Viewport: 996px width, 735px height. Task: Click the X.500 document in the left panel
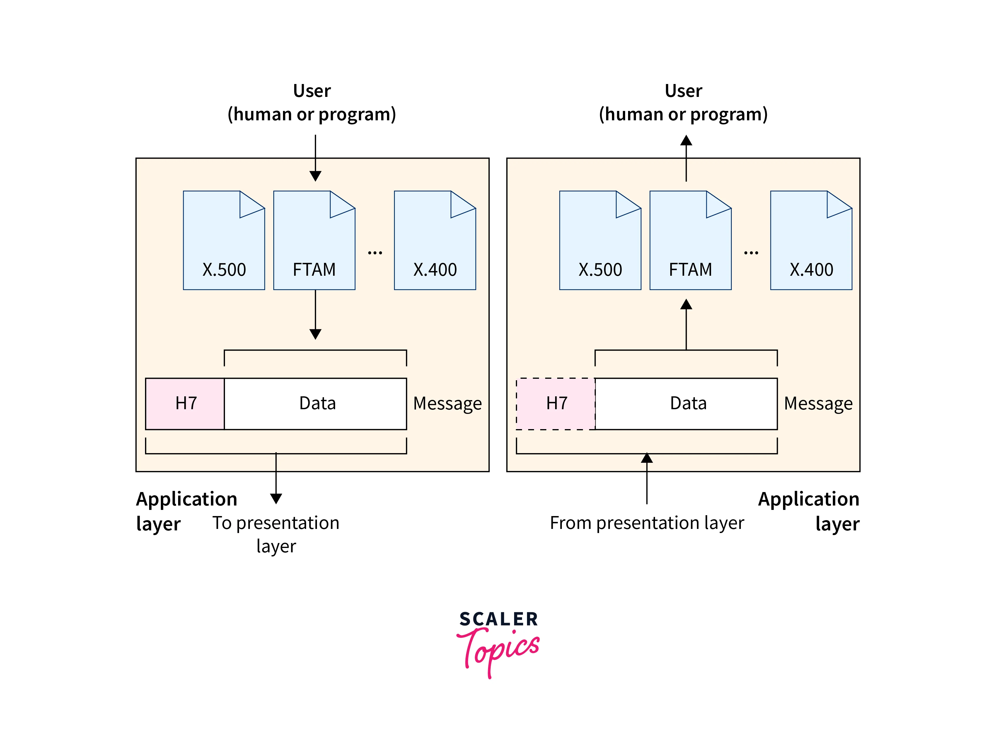click(x=224, y=241)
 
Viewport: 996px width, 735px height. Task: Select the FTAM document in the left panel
click(x=314, y=241)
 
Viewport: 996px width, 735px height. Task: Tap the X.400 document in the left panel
click(x=435, y=241)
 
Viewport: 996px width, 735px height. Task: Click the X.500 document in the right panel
click(x=600, y=241)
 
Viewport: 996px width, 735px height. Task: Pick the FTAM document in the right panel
click(x=690, y=241)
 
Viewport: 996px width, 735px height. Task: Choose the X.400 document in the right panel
click(x=811, y=241)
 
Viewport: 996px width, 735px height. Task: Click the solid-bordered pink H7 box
click(x=185, y=404)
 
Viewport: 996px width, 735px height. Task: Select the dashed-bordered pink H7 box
click(x=556, y=404)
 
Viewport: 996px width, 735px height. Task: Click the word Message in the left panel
click(x=447, y=404)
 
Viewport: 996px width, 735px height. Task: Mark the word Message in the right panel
click(x=818, y=404)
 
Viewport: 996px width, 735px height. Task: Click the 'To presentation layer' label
click(x=276, y=534)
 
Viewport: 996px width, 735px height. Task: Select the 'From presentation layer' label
click(x=647, y=523)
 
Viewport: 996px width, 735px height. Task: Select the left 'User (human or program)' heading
click(x=312, y=102)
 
